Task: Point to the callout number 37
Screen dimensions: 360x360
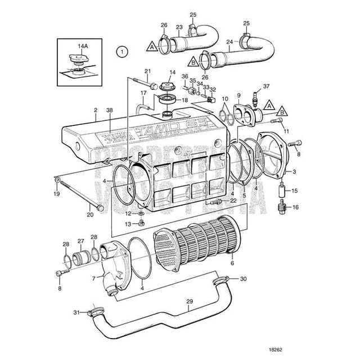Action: tap(267, 86)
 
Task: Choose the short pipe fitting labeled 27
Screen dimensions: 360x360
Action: tap(82, 259)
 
